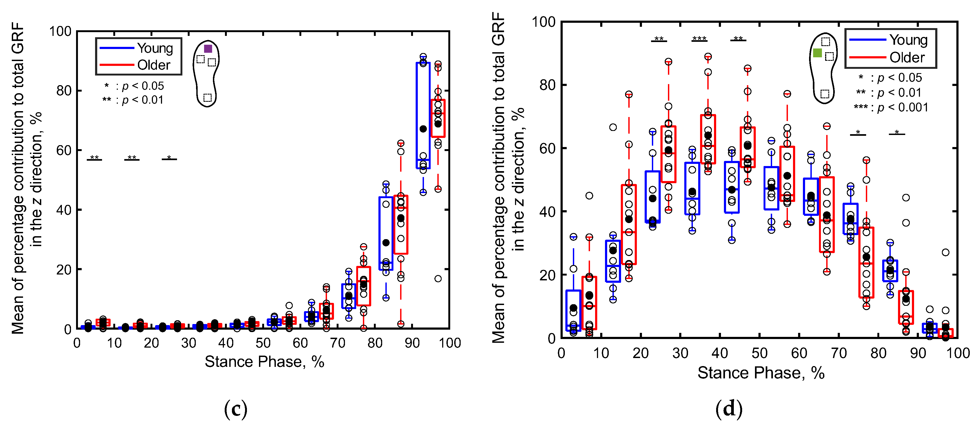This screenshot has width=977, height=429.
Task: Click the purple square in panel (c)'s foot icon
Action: point(208,48)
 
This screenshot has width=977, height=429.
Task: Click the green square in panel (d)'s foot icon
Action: point(817,53)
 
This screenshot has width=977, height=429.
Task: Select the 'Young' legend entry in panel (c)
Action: point(155,48)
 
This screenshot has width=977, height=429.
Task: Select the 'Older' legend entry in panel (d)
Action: point(907,57)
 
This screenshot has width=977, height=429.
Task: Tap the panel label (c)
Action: point(235,409)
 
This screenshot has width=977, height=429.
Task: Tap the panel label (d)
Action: point(728,409)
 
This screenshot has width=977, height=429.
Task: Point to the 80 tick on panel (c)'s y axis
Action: point(64,91)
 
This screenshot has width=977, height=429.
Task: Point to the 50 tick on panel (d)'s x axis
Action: point(759,353)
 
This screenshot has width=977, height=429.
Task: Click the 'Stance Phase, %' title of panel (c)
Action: point(264,362)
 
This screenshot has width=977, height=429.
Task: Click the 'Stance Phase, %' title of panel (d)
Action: point(761,373)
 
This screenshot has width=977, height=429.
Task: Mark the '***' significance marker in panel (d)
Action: point(699,39)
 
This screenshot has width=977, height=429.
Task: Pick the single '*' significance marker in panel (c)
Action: point(169,158)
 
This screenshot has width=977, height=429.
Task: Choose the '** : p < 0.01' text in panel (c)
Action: point(133,100)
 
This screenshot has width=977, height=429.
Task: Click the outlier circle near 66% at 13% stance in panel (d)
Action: point(613,127)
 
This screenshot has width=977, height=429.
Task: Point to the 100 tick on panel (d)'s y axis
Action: point(543,22)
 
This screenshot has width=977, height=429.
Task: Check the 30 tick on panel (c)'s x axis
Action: point(189,343)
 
